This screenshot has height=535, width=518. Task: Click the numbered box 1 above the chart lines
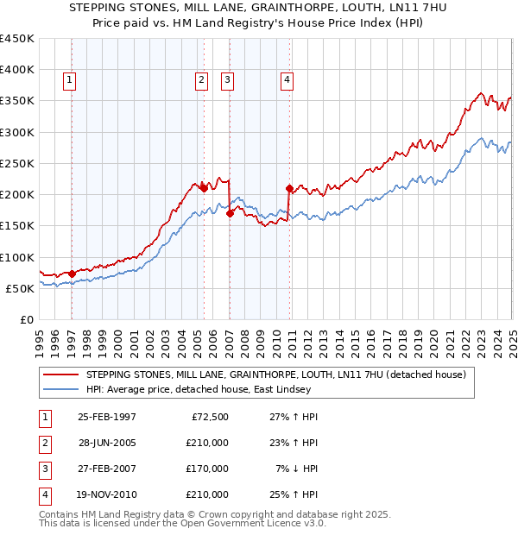point(70,81)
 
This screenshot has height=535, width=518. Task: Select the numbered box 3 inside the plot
point(227,81)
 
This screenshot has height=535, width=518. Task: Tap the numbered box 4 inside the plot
point(287,81)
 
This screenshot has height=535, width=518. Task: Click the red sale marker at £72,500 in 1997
point(73,274)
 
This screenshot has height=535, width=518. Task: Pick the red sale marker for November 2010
point(289,188)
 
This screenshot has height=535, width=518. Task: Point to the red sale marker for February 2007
point(230,214)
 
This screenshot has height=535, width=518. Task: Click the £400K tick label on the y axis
point(17,70)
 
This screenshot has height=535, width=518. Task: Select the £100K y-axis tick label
point(17,257)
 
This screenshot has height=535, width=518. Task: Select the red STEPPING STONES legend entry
point(276,374)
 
